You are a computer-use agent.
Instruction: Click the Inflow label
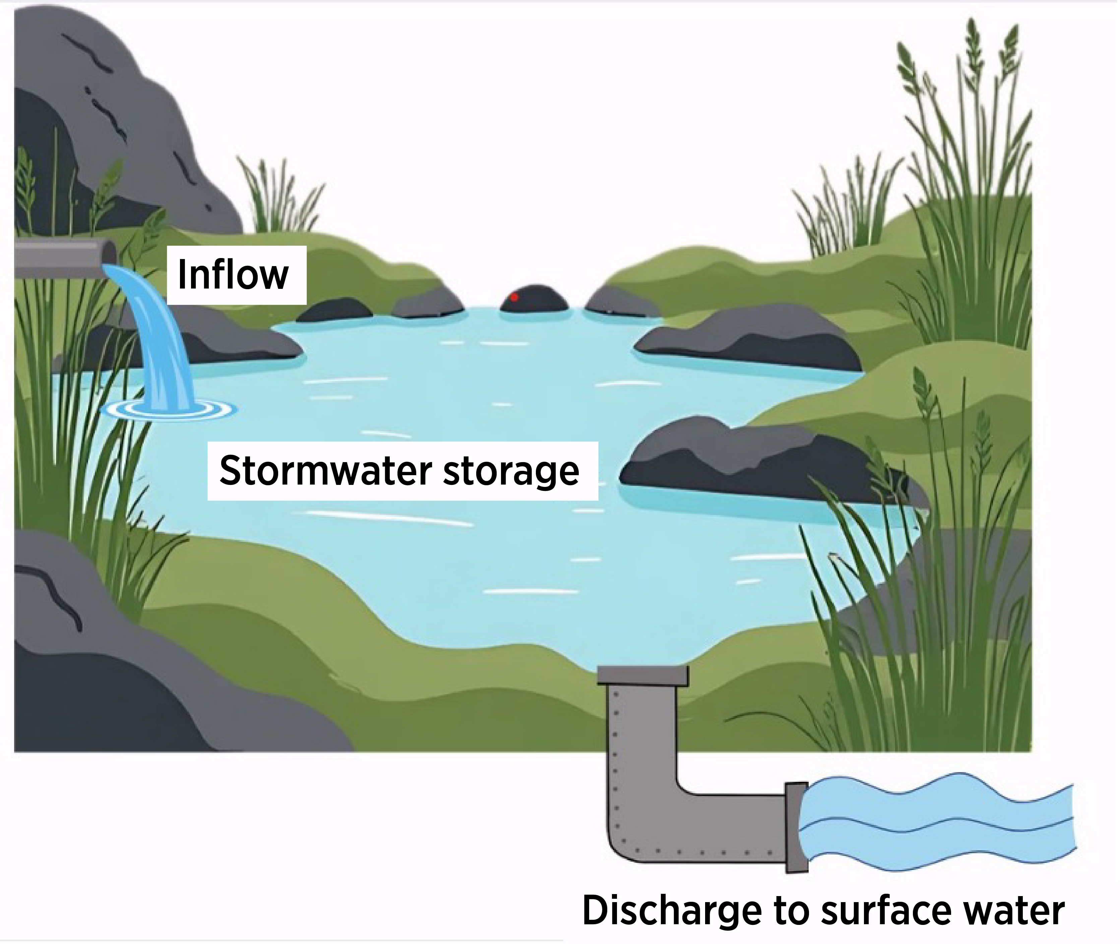pos(233,274)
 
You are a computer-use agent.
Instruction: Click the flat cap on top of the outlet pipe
pos(643,675)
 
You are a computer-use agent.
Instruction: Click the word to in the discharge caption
pos(791,911)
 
